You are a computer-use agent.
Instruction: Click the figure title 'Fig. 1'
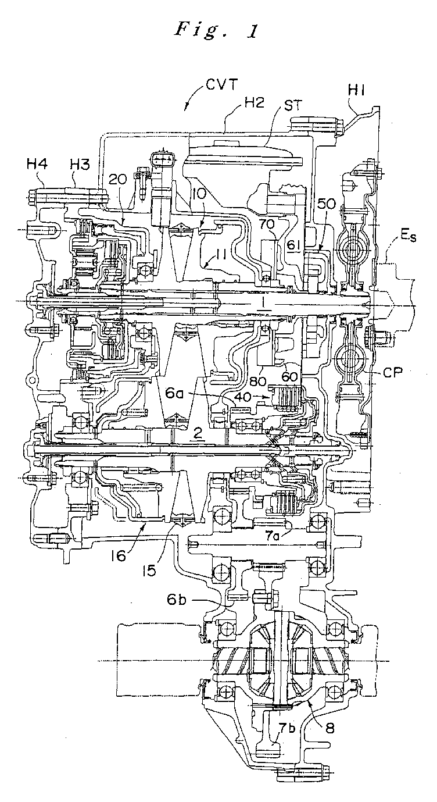pos(216,30)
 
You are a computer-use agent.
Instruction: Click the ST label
pos(292,106)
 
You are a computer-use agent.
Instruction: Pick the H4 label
pos(37,165)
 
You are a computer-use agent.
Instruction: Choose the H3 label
pos(79,165)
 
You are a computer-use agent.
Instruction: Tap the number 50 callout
pos(326,205)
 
